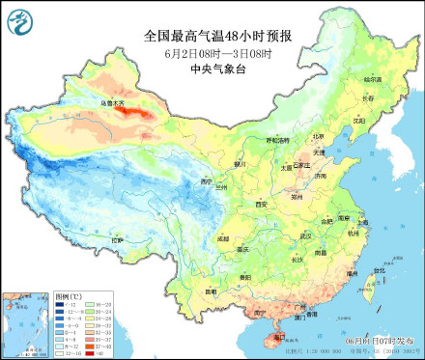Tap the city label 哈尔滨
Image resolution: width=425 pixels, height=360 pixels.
pos(372,78)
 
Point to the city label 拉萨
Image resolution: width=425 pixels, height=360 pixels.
pos(118,239)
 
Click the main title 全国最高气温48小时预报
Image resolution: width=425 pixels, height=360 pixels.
pos(217,36)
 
